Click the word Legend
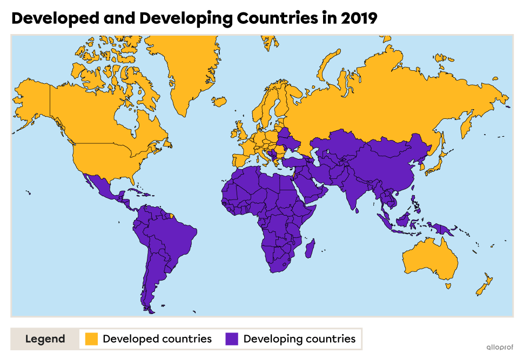click(45, 339)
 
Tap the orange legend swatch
click(91, 339)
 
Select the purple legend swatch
click(232, 339)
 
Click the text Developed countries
click(157, 339)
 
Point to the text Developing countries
click(299, 339)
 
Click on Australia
click(429, 259)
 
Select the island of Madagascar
click(311, 250)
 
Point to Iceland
click(219, 101)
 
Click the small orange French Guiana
click(172, 216)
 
